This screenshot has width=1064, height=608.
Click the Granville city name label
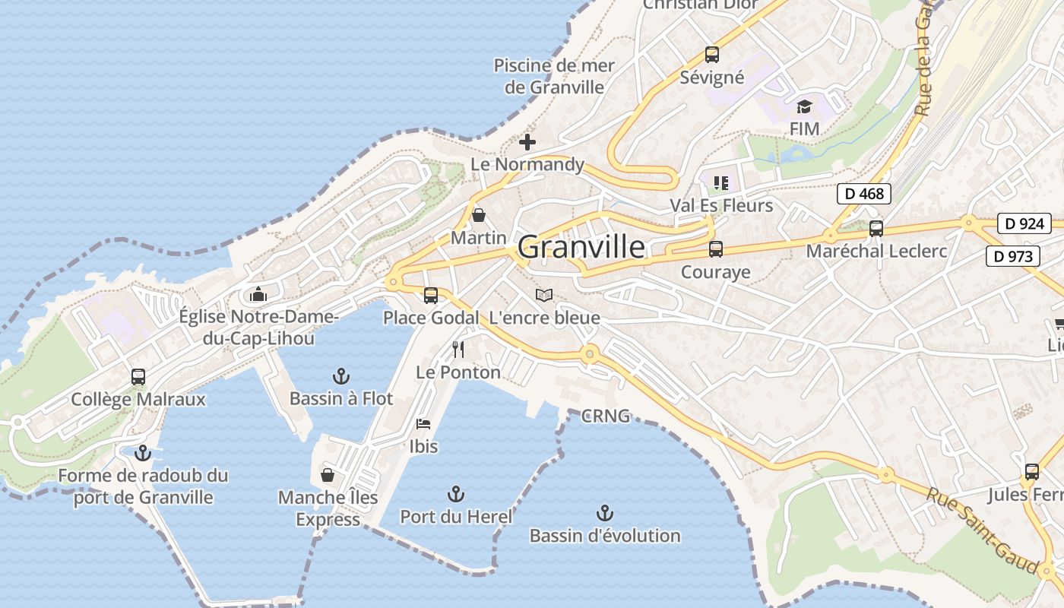tap(581, 247)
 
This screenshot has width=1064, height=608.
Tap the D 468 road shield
tap(864, 194)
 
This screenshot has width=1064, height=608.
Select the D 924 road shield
tap(1024, 223)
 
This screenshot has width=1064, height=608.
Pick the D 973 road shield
tap(1013, 256)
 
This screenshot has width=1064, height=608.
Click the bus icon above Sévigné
tap(711, 55)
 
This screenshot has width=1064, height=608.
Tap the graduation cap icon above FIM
tap(804, 106)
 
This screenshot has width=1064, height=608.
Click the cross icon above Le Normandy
tap(527, 142)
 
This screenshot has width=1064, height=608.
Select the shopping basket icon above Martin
tap(479, 215)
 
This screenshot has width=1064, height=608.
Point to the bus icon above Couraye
tap(715, 249)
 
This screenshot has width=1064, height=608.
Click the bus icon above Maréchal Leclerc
tap(876, 228)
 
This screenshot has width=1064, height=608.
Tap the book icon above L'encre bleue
tap(544, 295)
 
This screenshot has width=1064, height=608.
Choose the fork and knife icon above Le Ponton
tap(458, 350)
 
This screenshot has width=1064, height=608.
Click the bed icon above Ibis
tap(423, 423)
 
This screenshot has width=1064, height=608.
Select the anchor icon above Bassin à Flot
tap(341, 376)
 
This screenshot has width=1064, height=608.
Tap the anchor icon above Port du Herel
tap(456, 494)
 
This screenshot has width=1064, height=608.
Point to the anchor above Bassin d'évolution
tap(605, 513)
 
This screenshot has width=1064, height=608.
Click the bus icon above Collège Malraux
tap(138, 376)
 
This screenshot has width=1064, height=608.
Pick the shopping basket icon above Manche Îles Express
tap(328, 475)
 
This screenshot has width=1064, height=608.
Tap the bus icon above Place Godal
tap(431, 295)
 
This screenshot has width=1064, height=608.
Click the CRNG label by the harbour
tap(606, 416)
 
